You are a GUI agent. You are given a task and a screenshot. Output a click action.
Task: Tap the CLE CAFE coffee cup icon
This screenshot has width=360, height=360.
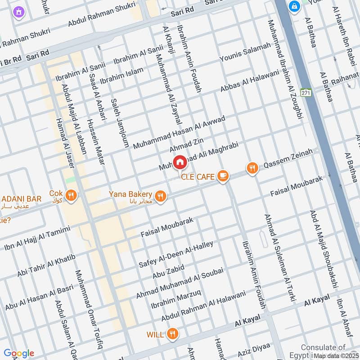pyautogui.click(x=222, y=176)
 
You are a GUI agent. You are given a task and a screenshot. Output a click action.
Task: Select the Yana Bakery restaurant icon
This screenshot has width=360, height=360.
pyautogui.click(x=160, y=196)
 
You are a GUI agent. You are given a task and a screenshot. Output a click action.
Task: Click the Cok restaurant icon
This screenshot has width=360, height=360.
pyautogui.click(x=71, y=195)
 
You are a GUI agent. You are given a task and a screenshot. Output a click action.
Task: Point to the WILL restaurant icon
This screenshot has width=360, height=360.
pyautogui.click(x=171, y=334)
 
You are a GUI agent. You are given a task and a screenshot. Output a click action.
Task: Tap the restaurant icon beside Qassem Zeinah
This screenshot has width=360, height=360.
pyautogui.click(x=252, y=168)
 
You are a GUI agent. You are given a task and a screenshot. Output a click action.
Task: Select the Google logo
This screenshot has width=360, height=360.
pyautogui.click(x=18, y=353)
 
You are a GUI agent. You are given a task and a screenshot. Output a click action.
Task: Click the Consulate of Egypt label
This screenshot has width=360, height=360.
pyautogui.click(x=323, y=347)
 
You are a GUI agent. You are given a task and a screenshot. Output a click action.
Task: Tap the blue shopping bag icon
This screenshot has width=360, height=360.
pyautogui.click(x=294, y=7)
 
